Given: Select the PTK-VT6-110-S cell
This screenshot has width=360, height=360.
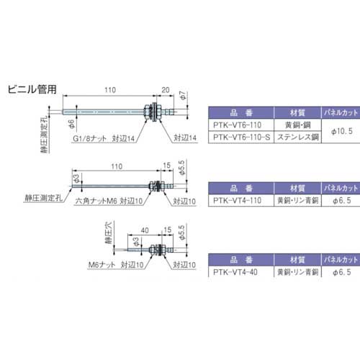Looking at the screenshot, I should (x=243, y=134).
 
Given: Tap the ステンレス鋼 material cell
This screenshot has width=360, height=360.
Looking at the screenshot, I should (x=296, y=134).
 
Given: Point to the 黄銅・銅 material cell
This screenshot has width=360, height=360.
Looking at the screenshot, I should (x=296, y=123).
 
